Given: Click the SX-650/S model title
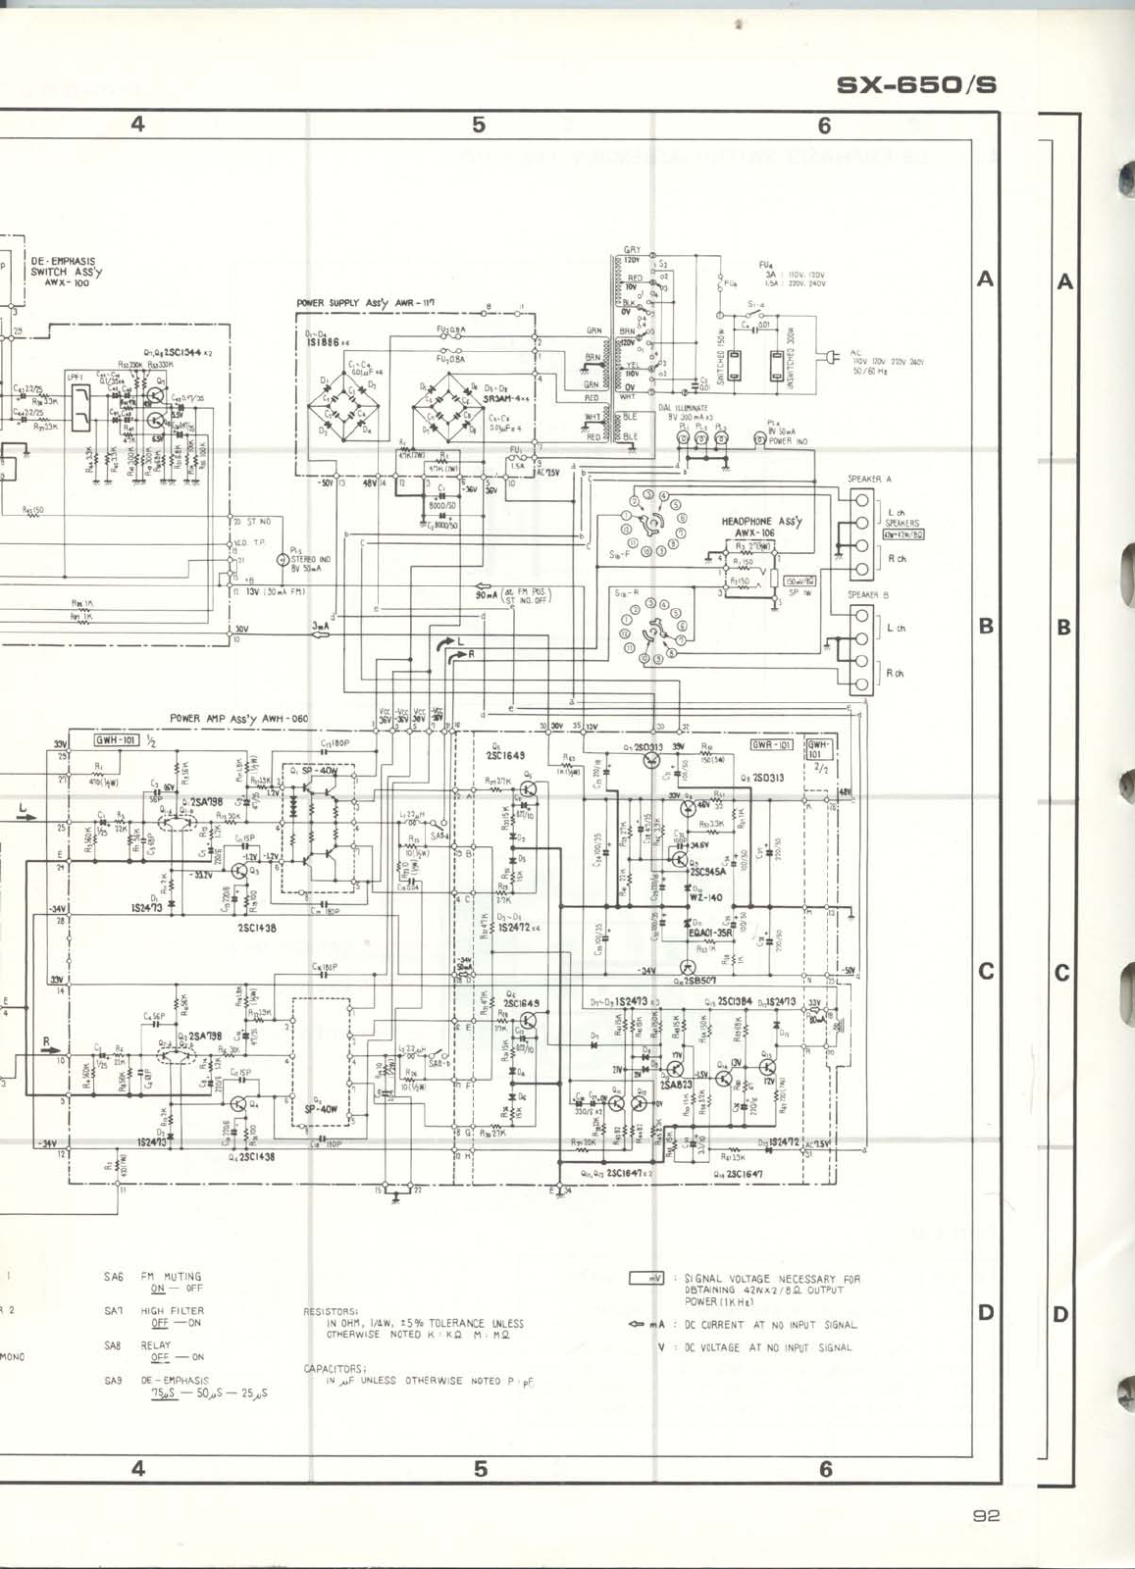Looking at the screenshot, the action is (x=916, y=85).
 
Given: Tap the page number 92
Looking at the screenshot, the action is (x=986, y=1515).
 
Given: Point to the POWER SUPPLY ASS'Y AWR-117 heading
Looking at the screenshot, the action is (x=365, y=303).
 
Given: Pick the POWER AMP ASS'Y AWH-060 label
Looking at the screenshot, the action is (x=238, y=718).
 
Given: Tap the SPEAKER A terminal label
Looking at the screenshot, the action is (x=869, y=480).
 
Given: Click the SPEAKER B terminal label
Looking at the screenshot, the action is (x=869, y=595).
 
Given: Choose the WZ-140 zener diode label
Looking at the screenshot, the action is (x=705, y=897).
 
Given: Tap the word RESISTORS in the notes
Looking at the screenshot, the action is (x=332, y=1310).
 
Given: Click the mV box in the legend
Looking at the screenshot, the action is (x=646, y=1279).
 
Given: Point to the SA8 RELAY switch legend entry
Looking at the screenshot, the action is (x=155, y=1351).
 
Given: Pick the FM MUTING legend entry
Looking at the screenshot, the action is (x=171, y=1277).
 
